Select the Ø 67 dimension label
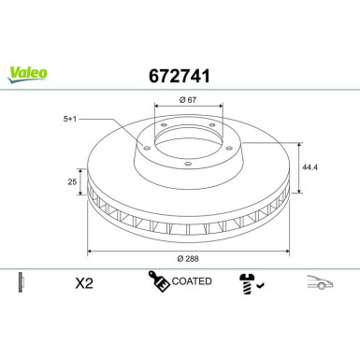[188, 99]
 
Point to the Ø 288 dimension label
[189, 257]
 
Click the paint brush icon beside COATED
[158, 281]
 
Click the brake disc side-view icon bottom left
[20, 281]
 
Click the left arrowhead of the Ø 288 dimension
[91, 251]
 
